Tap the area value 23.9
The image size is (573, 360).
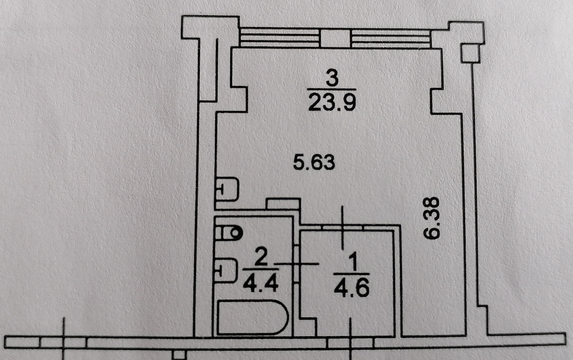(x=332, y=102)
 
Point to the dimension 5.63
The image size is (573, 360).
(x=314, y=163)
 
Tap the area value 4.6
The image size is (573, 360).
(x=352, y=287)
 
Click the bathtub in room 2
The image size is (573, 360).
(x=252, y=318)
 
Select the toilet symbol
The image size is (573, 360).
(x=230, y=233)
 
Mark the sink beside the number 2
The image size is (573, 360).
(x=226, y=270)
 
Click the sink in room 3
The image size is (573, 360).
(x=227, y=189)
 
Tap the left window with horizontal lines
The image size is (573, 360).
(x=280, y=38)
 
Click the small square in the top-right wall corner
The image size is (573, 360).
(x=471, y=53)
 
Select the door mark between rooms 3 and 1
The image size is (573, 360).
(x=343, y=227)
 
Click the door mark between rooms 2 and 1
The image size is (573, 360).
(x=297, y=264)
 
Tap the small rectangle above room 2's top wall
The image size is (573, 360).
(x=283, y=204)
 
